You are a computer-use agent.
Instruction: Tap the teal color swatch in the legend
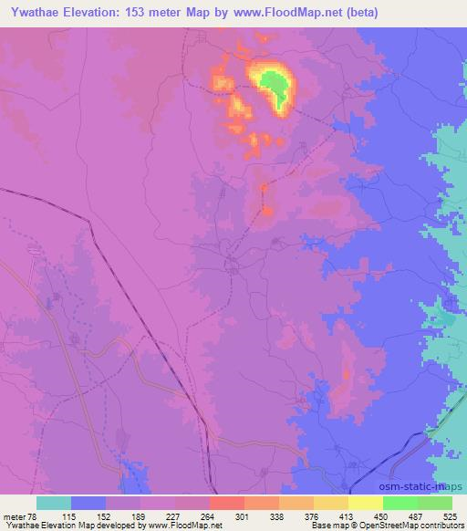tap(54, 503)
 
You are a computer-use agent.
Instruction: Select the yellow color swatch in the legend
tap(365, 503)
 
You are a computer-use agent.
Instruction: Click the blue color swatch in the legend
tap(88, 503)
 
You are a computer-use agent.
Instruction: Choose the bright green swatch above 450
tap(400, 503)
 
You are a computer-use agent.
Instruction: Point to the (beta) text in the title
tap(358, 14)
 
